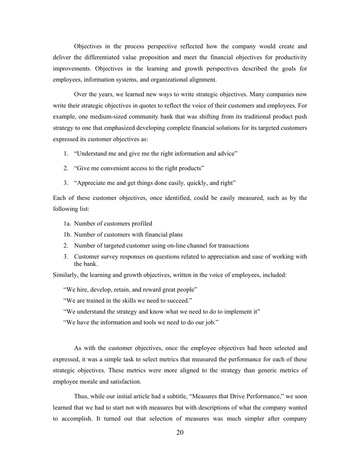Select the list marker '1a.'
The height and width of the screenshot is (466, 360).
click(68, 224)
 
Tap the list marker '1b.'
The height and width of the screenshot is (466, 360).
click(68, 235)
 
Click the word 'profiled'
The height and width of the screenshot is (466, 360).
click(141, 224)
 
